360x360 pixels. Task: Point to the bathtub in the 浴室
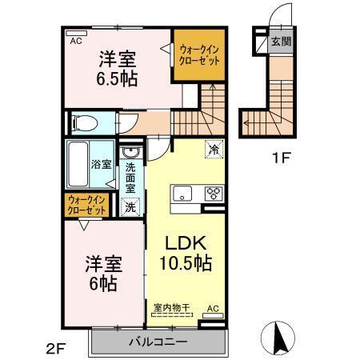[78, 164]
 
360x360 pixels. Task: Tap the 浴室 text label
[101, 166]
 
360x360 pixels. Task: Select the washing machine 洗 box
[130, 206]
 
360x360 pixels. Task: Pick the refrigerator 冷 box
[214, 148]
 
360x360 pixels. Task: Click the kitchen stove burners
[214, 193]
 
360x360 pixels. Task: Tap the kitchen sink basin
[181, 192]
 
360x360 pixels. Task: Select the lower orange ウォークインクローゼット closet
[86, 205]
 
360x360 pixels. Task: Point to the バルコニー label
[158, 342]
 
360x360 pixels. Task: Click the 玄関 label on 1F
[279, 41]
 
